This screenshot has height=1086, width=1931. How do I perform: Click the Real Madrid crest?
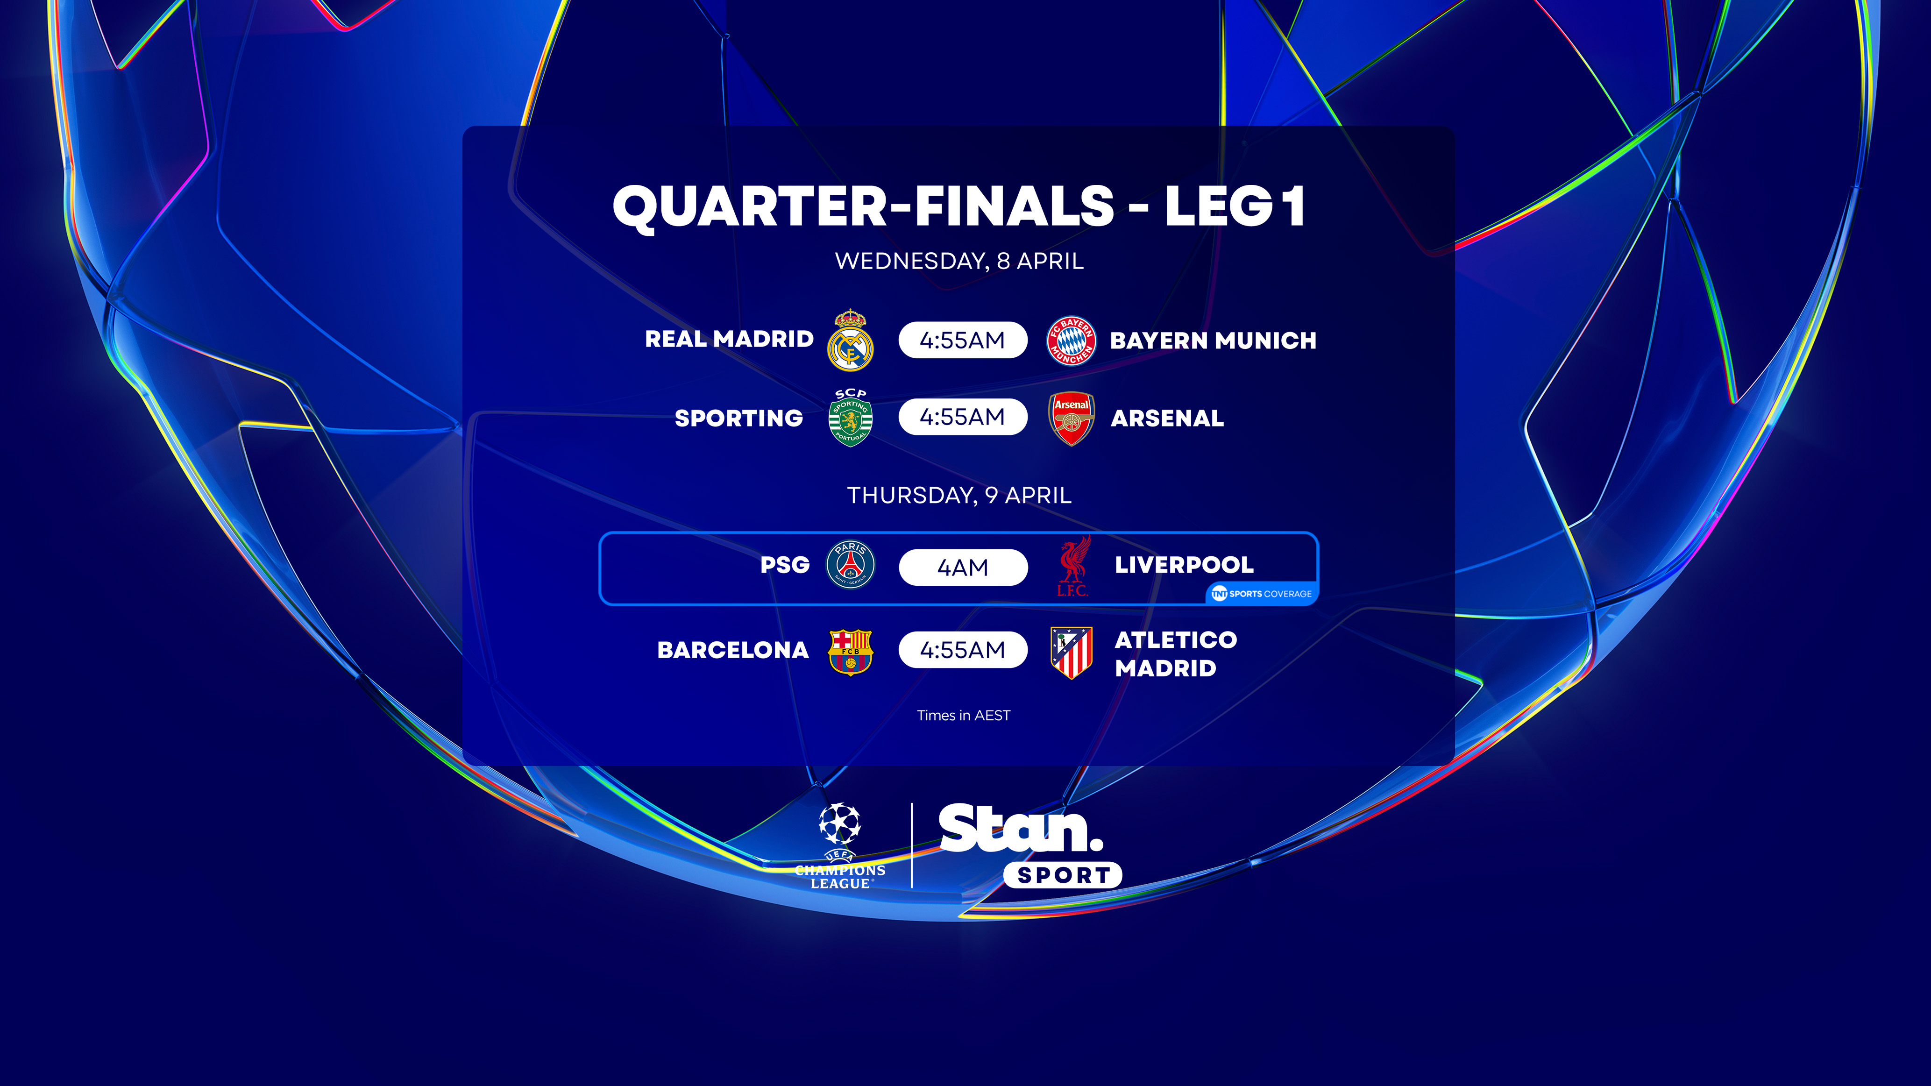(x=850, y=340)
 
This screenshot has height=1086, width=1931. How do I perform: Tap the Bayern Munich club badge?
(x=1071, y=340)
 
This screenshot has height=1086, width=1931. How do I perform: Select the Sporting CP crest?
(x=850, y=418)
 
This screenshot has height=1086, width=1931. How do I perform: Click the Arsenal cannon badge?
(x=1071, y=418)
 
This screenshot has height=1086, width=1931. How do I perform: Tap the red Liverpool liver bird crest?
(x=1072, y=566)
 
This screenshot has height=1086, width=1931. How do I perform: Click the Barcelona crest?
(x=850, y=651)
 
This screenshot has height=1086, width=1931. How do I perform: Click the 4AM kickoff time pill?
(x=963, y=568)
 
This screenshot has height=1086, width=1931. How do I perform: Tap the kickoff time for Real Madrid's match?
(x=963, y=340)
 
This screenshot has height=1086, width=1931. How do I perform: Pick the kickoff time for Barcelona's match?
(x=963, y=650)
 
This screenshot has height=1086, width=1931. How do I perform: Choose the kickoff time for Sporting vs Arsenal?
(x=963, y=417)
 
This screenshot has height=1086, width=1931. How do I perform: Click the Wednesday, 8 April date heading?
(x=959, y=261)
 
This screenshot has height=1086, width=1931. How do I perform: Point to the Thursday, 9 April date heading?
(x=959, y=496)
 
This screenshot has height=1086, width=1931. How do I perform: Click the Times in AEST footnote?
(x=963, y=716)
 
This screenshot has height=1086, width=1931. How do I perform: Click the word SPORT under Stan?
(x=1063, y=875)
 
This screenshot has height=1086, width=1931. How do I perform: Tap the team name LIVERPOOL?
(x=1184, y=565)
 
